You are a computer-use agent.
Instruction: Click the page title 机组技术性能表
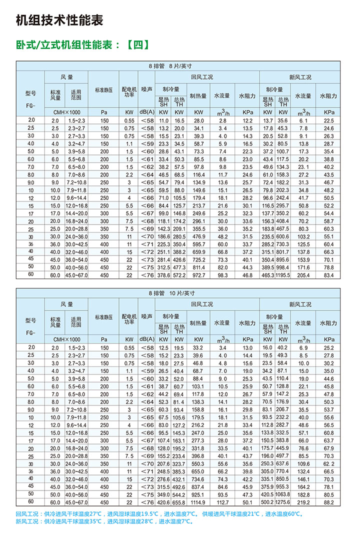(x=59, y=20)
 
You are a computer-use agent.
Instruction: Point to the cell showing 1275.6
(x=283, y=502)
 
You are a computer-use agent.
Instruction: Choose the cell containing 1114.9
(x=199, y=502)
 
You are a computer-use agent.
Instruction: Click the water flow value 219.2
(x=304, y=502)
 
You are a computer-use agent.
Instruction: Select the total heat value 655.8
(x=179, y=502)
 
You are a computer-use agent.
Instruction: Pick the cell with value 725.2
(x=199, y=259)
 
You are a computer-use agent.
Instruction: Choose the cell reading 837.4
(x=199, y=486)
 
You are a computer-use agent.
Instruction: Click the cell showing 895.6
(x=283, y=259)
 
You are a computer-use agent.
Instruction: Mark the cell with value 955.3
(x=283, y=486)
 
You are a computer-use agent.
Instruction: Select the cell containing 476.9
(x=199, y=236)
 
